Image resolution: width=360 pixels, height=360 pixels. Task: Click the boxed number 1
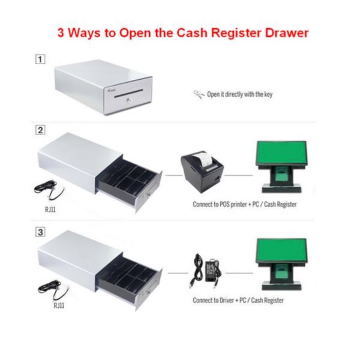coord(40,59)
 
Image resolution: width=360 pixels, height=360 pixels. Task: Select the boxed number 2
coord(40,130)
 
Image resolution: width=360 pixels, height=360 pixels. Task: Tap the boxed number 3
coord(40,232)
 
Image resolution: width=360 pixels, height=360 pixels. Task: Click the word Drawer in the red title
coord(287,32)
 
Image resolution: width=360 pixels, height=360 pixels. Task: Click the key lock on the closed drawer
coord(129,100)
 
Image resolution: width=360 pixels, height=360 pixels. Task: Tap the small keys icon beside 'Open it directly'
coord(199,94)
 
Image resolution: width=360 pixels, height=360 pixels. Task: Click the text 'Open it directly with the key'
coord(239,94)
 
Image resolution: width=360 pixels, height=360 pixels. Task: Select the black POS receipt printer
coord(202,172)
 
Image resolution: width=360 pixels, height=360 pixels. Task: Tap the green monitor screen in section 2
coord(281,152)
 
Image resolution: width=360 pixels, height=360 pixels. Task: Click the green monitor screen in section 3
coord(281,250)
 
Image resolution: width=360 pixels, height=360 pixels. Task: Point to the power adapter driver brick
coord(212,271)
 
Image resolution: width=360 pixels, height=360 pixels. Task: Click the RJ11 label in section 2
coord(50,209)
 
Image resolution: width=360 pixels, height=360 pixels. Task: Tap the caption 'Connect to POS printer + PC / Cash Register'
coord(245,205)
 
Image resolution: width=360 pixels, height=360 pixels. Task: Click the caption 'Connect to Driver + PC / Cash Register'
coord(238,301)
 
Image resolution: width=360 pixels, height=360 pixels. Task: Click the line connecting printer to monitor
coord(238,175)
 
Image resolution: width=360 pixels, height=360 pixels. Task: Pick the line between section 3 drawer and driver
coord(178,273)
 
